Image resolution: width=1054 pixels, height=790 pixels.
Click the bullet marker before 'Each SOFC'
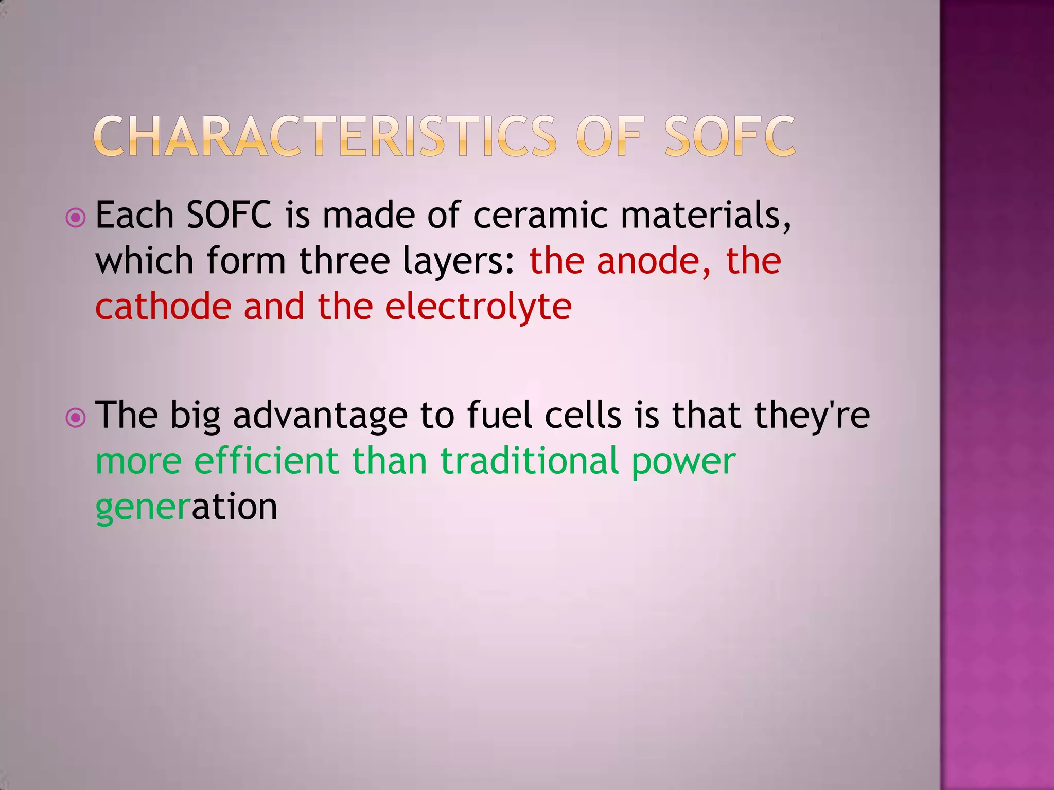[76, 218]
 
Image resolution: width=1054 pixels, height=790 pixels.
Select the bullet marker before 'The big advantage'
[76, 418]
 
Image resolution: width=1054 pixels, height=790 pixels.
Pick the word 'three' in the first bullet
[344, 261]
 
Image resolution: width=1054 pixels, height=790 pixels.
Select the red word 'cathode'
[163, 307]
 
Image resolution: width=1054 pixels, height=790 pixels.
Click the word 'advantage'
[320, 416]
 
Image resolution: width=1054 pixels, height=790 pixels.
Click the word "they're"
[812, 416]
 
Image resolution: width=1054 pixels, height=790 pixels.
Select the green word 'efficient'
[266, 460]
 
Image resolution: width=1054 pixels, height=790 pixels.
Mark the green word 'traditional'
[530, 460]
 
